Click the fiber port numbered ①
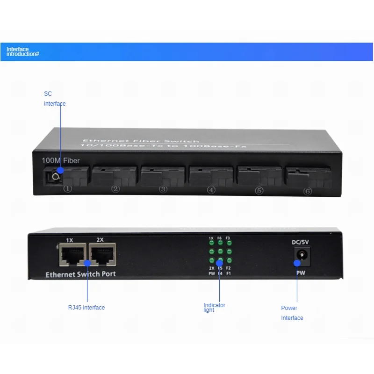coord(68,176)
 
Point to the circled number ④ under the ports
coord(211,190)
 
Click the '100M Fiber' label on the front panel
coord(60,161)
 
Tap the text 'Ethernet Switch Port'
coord(80,274)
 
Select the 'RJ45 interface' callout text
coord(86,308)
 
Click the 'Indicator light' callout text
coord(214,308)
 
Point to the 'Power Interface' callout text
coord(292,313)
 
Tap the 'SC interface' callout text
coord(54,99)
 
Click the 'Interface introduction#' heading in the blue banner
coord(22,51)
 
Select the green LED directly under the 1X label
coord(211,244)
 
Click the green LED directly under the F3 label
coord(229,244)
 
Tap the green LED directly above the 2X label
coord(211,260)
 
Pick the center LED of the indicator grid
coord(220,252)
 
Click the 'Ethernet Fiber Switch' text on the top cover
coord(141,141)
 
